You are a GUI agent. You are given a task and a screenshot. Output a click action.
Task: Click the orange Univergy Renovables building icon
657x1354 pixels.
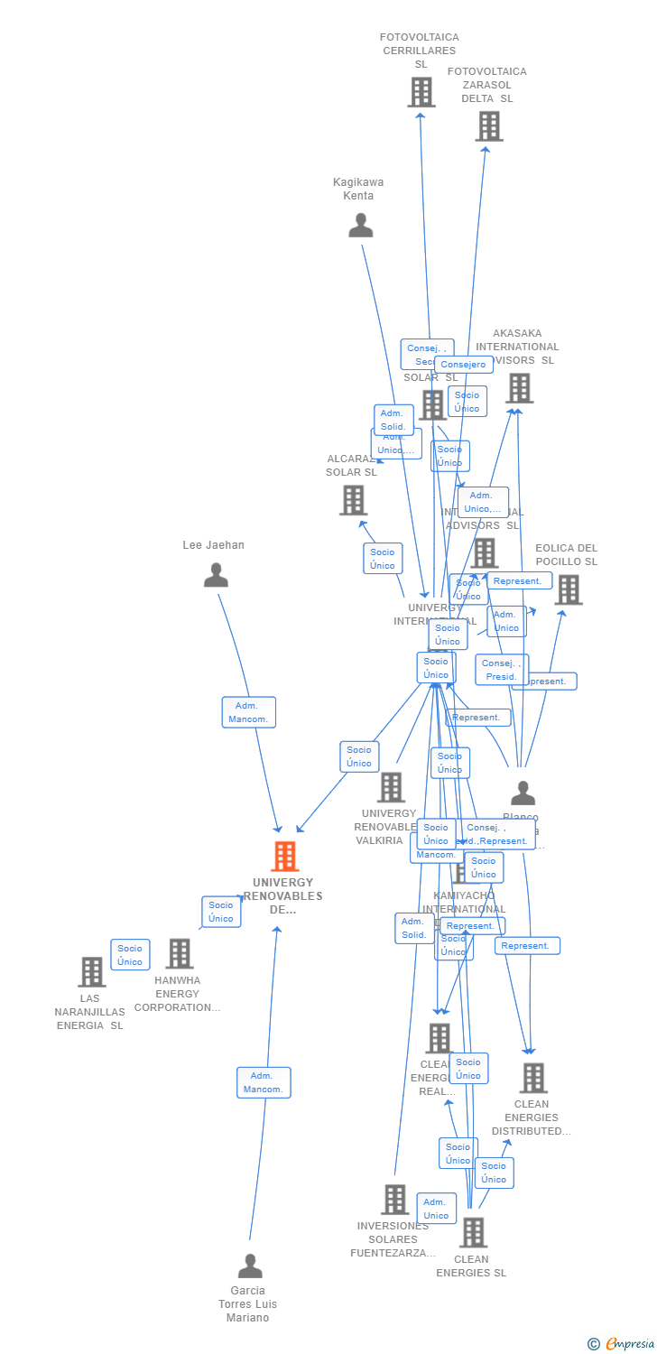284,857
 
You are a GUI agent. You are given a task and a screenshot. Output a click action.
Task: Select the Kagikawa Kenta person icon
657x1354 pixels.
361,226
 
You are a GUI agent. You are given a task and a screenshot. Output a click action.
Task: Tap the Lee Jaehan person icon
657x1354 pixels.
216,575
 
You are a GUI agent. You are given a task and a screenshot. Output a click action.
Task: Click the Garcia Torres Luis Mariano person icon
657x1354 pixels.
250,1266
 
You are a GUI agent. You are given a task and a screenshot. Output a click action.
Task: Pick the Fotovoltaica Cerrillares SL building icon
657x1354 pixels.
421,92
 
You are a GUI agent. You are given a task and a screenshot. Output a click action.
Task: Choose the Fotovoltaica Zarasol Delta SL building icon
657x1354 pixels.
488,126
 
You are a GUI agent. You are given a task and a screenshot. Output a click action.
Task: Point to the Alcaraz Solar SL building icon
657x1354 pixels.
353,500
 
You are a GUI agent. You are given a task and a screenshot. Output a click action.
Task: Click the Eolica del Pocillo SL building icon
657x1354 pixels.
568,589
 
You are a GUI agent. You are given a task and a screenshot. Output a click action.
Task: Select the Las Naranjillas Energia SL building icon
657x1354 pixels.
91,972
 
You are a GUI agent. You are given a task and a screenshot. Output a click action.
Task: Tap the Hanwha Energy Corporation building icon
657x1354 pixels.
179,954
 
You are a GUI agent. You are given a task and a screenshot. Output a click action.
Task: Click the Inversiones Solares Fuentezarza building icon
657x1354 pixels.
394,1200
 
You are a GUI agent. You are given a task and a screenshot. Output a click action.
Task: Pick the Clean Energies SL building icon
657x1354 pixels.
473,1232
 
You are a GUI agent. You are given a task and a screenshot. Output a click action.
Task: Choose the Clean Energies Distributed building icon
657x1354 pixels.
532,1078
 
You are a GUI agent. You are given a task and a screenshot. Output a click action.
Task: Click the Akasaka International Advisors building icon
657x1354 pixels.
518,388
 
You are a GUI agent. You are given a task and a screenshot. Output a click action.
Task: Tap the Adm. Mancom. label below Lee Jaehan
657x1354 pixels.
248,712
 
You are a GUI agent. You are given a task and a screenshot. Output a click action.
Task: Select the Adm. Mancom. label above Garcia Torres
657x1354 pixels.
264,1082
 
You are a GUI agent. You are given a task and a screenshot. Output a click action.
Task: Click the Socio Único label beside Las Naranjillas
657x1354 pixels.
130,955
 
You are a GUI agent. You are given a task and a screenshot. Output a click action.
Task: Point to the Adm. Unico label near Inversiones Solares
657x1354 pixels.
436,1208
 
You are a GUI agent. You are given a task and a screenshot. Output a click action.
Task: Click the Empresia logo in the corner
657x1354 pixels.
622,1344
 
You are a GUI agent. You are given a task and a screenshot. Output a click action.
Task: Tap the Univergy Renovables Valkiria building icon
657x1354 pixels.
390,787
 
